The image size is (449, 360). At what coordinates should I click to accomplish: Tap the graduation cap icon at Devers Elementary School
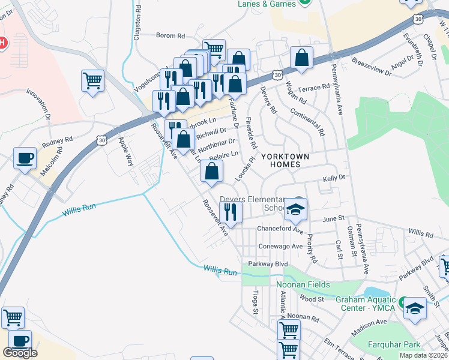pos(295,209)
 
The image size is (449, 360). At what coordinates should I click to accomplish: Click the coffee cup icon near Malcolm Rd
pos(25,158)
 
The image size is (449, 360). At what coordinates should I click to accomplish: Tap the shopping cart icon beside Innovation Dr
pos(92,80)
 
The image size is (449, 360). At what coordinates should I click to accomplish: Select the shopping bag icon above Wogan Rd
pos(301,58)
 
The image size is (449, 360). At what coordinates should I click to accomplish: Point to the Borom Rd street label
pos(169,35)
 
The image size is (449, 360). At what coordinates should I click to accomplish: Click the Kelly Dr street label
pos(334,178)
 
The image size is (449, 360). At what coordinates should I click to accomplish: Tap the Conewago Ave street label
pos(280,246)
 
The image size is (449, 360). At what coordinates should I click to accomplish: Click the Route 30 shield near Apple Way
pos(101,139)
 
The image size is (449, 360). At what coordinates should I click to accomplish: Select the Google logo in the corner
pos(19,353)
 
